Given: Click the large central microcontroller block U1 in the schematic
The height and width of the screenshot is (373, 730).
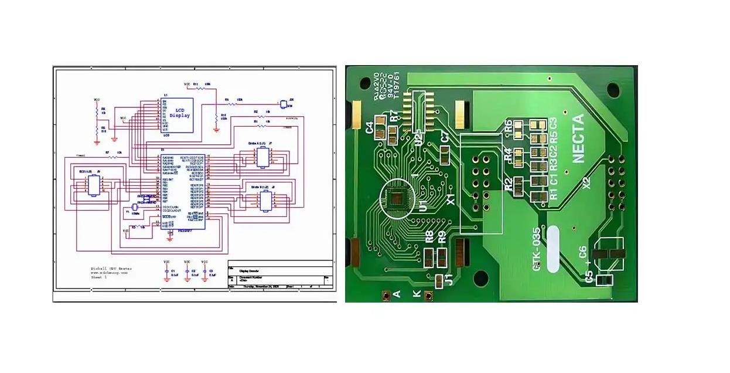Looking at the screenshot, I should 183,190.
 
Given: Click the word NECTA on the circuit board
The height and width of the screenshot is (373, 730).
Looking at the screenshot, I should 578,138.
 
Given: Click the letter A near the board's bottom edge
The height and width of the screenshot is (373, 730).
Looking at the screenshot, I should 397,294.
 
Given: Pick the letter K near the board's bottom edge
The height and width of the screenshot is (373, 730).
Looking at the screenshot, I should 417,294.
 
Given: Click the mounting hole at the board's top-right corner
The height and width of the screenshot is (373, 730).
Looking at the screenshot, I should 613,89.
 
